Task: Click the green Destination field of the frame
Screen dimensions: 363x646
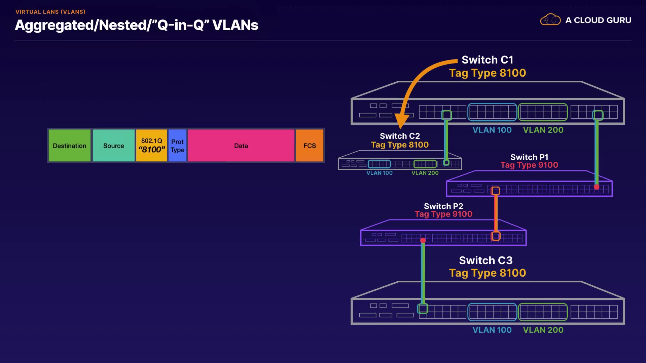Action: tap(70, 146)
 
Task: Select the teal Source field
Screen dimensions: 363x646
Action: tap(114, 146)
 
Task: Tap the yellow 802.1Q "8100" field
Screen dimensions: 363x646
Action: tap(151, 146)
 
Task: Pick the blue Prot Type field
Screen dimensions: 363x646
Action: tap(177, 146)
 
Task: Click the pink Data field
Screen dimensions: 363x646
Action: tap(241, 146)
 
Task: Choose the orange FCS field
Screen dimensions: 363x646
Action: tap(310, 146)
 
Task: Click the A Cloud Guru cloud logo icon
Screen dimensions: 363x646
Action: tap(550, 20)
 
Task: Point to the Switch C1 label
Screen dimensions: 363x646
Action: tap(487, 60)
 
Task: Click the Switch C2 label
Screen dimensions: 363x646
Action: tap(400, 136)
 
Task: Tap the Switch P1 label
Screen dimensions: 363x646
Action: tap(529, 157)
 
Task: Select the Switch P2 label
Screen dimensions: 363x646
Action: tap(443, 206)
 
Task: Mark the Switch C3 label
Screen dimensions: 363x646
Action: tap(486, 260)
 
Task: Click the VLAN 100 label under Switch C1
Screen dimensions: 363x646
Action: tap(492, 130)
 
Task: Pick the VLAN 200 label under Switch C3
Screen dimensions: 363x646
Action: tap(543, 330)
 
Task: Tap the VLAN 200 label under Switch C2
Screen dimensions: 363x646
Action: tap(425, 173)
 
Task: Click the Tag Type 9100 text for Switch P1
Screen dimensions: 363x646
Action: tap(529, 165)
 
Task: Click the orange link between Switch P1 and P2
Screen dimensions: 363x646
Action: tap(496, 213)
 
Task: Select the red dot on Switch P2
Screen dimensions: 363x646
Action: tap(423, 240)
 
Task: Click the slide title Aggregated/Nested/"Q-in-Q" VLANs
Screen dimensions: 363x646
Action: tap(137, 25)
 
